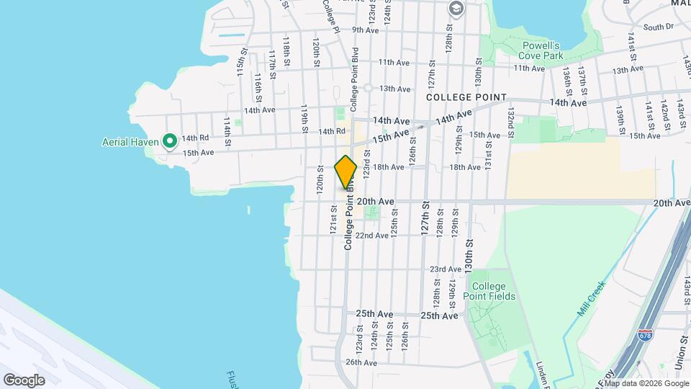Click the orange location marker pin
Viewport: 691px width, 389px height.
tap(345, 171)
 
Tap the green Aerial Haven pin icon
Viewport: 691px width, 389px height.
tap(170, 140)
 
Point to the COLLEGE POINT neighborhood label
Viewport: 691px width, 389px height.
tap(466, 97)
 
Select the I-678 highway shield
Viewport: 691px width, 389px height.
tap(646, 336)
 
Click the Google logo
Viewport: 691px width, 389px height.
tap(24, 380)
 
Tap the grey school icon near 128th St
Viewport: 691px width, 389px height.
tap(455, 8)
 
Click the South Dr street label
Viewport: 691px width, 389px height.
tap(658, 27)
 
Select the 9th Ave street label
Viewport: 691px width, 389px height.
tap(365, 30)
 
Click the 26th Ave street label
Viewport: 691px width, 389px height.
tap(361, 362)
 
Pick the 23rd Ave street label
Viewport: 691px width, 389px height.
tap(445, 269)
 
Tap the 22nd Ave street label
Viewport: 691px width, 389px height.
tap(373, 236)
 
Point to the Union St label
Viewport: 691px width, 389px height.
tap(682, 349)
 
